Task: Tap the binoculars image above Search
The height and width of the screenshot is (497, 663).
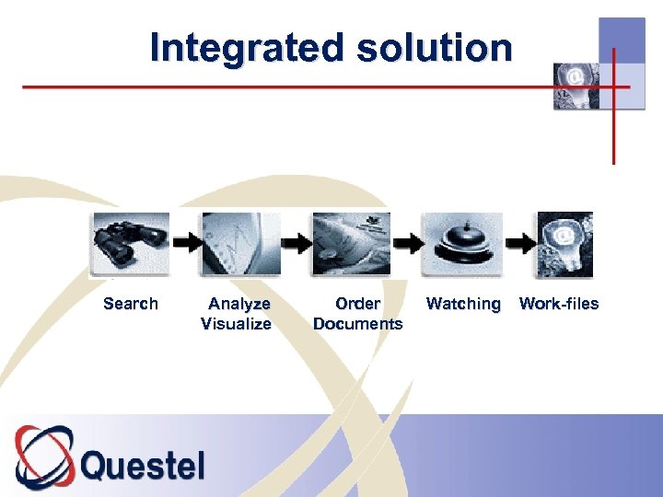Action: pyautogui.click(x=131, y=244)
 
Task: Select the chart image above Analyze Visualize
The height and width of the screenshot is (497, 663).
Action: pyautogui.click(x=240, y=244)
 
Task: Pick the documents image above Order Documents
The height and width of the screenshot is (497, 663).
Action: pyautogui.click(x=351, y=244)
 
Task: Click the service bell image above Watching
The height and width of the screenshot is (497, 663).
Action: pyautogui.click(x=462, y=244)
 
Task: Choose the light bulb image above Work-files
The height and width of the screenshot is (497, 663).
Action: pyautogui.click(x=564, y=244)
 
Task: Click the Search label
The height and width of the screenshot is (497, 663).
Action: pyautogui.click(x=131, y=304)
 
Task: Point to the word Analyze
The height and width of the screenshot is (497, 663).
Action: pyautogui.click(x=239, y=304)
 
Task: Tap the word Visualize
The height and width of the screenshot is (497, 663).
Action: pyautogui.click(x=237, y=324)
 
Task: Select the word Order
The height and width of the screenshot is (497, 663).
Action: pyautogui.click(x=357, y=304)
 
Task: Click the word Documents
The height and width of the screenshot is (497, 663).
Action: pyautogui.click(x=357, y=324)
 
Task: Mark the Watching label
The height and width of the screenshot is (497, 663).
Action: pyautogui.click(x=463, y=304)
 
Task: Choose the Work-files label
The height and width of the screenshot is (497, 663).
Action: pyautogui.click(x=559, y=304)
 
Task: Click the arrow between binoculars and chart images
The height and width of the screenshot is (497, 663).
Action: pyautogui.click(x=188, y=244)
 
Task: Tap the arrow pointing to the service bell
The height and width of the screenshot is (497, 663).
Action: pyautogui.click(x=407, y=244)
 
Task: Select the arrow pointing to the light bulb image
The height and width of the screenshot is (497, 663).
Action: pyautogui.click(x=519, y=244)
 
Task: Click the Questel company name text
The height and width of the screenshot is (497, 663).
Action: pyautogui.click(x=143, y=465)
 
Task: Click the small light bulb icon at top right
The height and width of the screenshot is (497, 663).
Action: pyautogui.click(x=576, y=86)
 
